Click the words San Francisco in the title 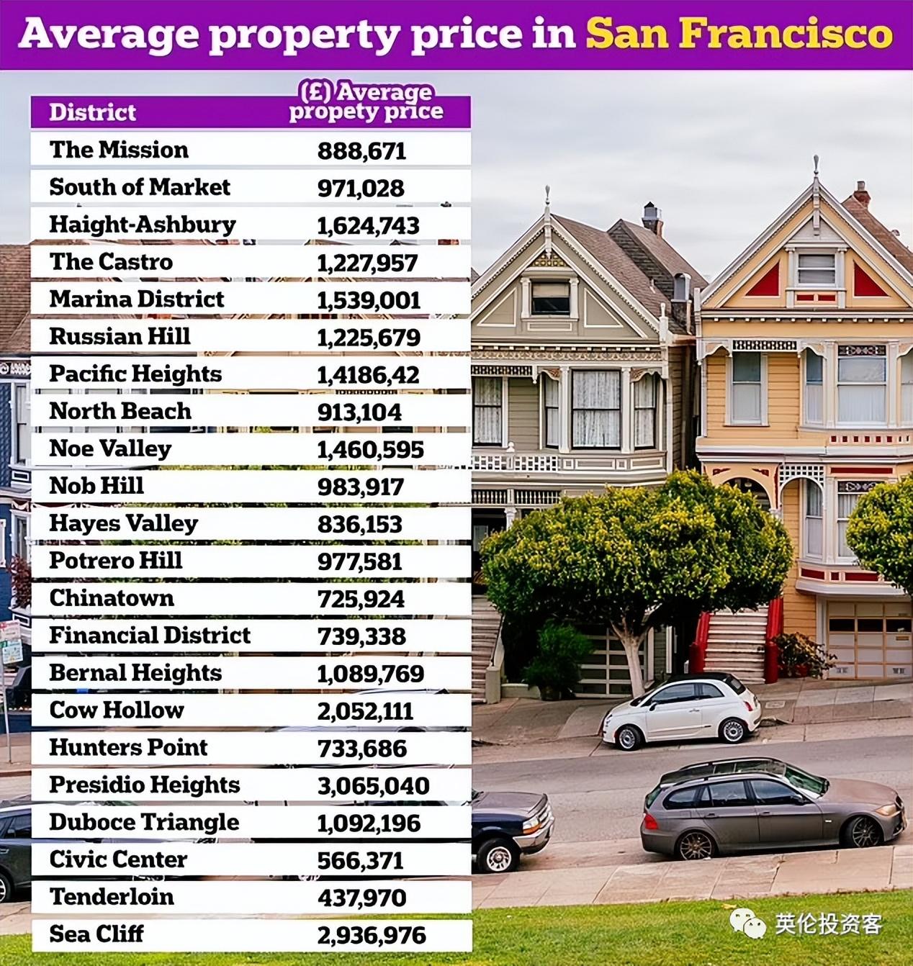[739, 34]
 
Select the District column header [92, 112]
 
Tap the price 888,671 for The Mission [361, 151]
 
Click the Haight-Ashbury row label [142, 225]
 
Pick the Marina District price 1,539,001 [368, 300]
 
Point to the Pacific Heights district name [135, 374]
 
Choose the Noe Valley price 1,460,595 [370, 450]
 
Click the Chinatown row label [111, 598]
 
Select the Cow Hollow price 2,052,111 [365, 711]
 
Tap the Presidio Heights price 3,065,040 [373, 786]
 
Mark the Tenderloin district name [111, 897]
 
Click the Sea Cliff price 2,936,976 [371, 935]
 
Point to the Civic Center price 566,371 [360, 860]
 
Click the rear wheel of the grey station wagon [696, 844]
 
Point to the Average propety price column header [366, 102]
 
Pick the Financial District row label [149, 636]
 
